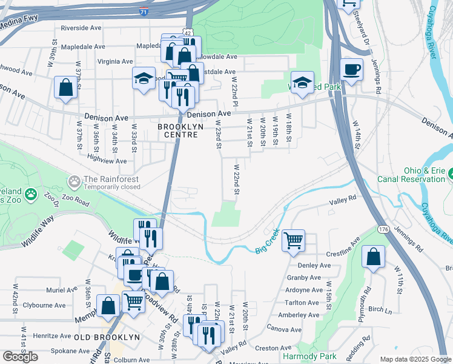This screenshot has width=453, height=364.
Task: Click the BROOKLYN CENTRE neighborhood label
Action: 177,130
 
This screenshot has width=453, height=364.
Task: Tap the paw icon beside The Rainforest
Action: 74,181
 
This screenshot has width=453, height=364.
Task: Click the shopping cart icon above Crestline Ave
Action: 293,240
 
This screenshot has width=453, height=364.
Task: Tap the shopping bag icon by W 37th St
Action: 65,87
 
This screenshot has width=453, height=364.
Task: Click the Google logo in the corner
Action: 21,357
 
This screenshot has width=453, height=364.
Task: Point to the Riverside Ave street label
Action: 81,28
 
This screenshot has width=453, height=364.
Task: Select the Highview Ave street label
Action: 107,161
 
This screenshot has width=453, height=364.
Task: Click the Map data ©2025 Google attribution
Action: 415,359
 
